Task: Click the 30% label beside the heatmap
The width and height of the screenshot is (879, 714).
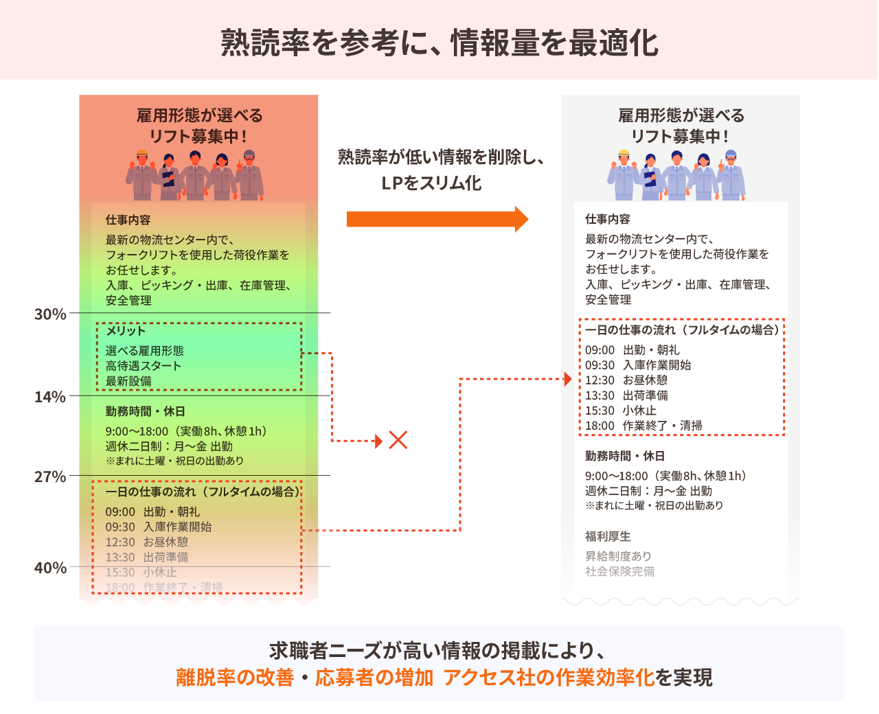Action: click(x=51, y=314)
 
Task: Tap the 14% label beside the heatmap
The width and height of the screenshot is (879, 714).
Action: click(x=51, y=397)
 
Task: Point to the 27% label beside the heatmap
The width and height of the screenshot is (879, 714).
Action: click(x=51, y=477)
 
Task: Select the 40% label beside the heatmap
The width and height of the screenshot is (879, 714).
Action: click(x=51, y=568)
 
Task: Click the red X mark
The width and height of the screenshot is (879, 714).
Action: click(x=398, y=440)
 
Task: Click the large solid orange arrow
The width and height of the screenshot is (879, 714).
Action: click(x=437, y=219)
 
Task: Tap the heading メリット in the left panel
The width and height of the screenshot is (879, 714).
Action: click(x=126, y=331)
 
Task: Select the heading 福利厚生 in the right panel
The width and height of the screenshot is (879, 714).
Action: click(x=608, y=536)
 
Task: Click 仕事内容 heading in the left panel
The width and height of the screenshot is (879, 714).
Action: click(x=128, y=220)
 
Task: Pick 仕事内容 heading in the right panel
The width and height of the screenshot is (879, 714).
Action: click(x=608, y=219)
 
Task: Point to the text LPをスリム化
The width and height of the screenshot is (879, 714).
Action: click(x=432, y=183)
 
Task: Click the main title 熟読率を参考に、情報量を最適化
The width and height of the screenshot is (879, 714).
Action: click(x=439, y=43)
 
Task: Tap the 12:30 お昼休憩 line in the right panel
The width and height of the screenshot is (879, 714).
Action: click(x=626, y=380)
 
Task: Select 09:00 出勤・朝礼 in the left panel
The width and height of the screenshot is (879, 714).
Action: click(x=152, y=512)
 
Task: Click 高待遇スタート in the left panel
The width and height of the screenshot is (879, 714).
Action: click(x=144, y=366)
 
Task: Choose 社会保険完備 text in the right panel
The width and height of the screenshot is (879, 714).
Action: click(x=619, y=571)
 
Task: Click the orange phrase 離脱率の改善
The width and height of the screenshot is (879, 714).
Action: click(x=235, y=678)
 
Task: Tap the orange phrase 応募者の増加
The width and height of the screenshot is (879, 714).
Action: click(x=374, y=678)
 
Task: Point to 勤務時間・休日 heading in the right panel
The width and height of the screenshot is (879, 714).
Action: click(x=625, y=456)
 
